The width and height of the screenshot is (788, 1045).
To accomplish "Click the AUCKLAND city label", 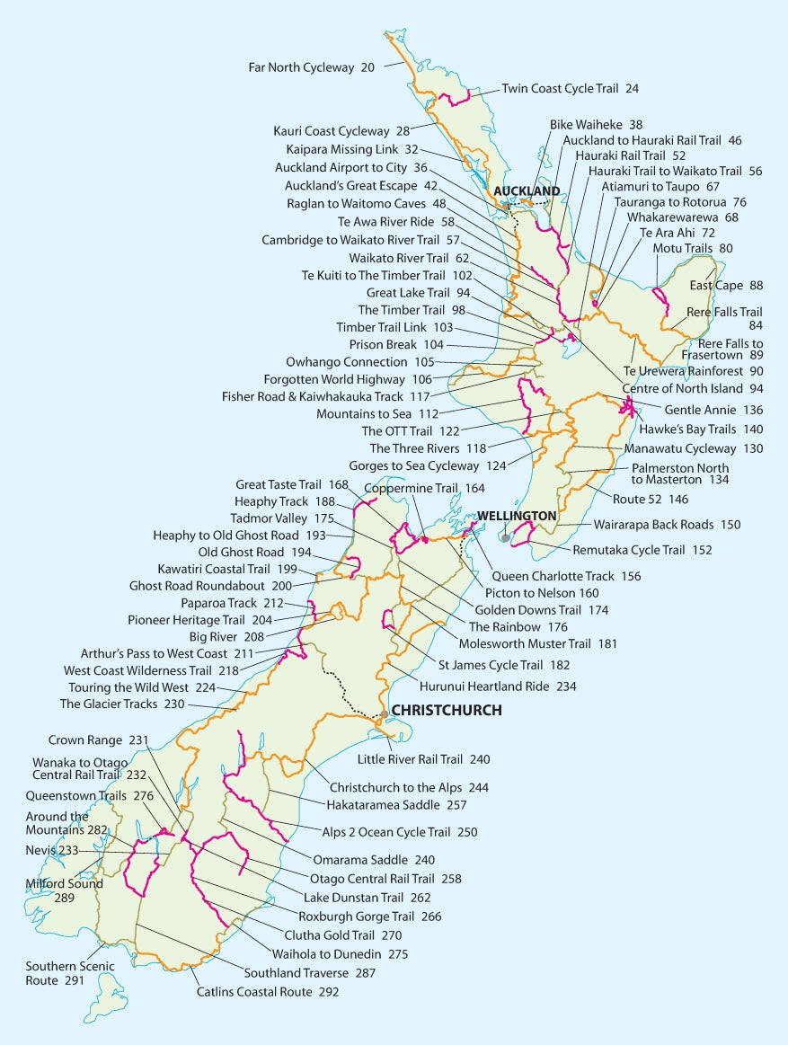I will (526, 191).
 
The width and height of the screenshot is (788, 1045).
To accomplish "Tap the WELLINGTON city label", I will (517, 516).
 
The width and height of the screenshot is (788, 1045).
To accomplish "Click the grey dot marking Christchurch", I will (385, 714).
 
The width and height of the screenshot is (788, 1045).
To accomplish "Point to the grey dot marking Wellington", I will (507, 538).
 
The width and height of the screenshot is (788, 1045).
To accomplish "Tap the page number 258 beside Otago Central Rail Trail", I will (451, 879).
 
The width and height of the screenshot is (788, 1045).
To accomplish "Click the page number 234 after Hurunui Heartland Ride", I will (565, 686).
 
